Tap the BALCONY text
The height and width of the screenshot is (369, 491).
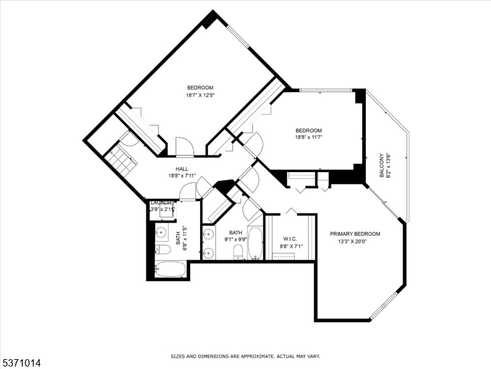pos(382,165)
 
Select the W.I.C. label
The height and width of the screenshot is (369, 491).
pos(290,239)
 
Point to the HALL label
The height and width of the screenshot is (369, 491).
pos(182,169)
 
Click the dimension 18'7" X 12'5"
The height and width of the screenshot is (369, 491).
pos(200,95)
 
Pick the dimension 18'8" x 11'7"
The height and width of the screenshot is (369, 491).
pos(309,137)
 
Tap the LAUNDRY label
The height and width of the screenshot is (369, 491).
pos(163,202)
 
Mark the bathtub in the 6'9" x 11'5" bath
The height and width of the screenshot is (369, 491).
pos(170,269)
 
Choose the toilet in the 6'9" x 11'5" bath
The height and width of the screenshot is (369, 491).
pos(162,249)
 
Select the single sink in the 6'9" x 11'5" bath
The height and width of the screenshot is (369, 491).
pos(161,232)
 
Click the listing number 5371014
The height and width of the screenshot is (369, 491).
pos(21,363)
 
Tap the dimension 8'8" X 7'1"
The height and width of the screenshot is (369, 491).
pos(290,246)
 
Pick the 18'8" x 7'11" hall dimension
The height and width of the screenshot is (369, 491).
pos(182,175)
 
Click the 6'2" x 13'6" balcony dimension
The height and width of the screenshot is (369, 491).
pos(389,165)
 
